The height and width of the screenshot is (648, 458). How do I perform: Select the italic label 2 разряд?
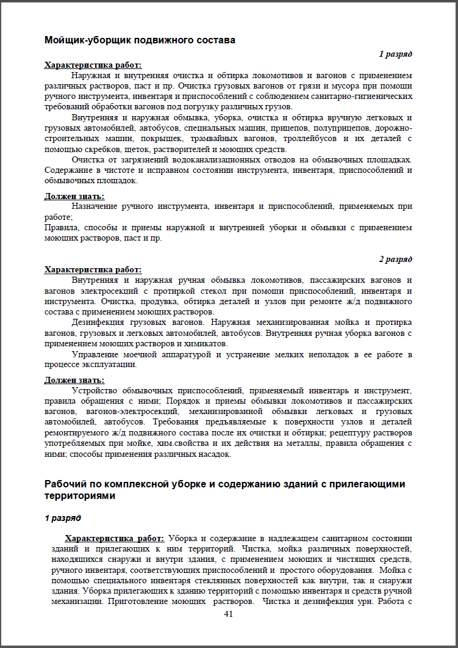pyautogui.click(x=395, y=259)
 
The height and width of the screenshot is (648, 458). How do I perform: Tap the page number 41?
pyautogui.click(x=229, y=614)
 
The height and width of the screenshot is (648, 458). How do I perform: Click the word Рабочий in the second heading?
pyautogui.click(x=65, y=484)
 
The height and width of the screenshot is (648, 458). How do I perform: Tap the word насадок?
pyautogui.click(x=216, y=454)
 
